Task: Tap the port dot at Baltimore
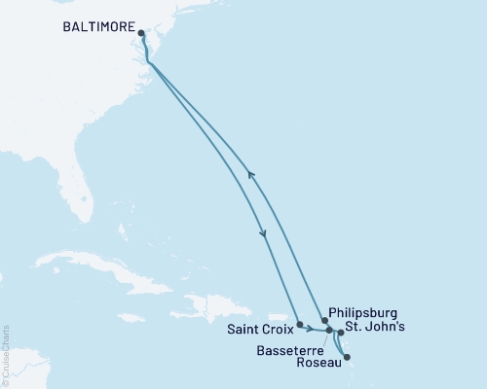coord(142,33)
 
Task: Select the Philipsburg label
coord(365,312)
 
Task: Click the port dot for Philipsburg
coord(324,319)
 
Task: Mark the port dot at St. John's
coord(340,333)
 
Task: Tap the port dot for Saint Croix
coord(300,325)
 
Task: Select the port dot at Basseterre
coord(329,331)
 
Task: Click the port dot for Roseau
coord(347,358)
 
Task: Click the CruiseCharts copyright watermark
coord(6,356)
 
